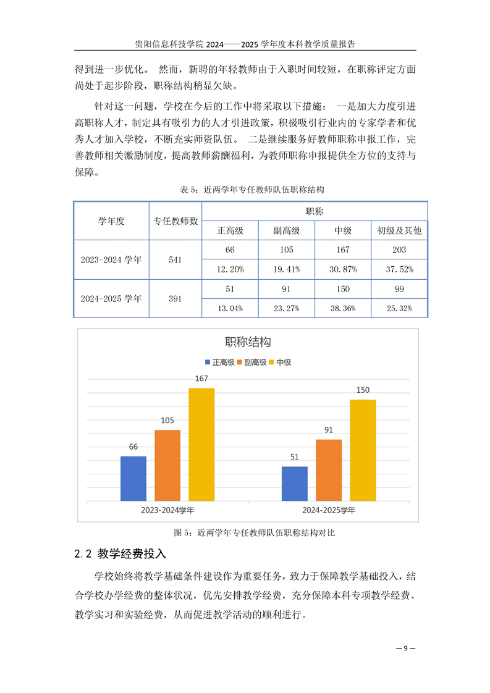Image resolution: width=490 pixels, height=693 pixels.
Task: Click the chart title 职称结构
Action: [x=248, y=342]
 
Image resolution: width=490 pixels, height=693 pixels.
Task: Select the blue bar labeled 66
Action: [x=133, y=478]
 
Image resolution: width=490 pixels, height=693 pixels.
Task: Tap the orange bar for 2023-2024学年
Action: [x=167, y=465]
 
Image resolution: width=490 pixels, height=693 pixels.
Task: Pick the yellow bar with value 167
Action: [x=201, y=444]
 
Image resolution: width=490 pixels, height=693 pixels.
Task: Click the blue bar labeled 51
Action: [x=295, y=483]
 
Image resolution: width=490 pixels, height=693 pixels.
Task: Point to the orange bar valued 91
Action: [x=329, y=469]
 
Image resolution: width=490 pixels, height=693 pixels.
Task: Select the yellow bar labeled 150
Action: [x=363, y=450]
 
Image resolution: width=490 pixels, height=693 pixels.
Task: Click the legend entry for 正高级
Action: [x=219, y=363]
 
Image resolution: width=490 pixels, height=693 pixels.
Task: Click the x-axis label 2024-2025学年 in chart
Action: [x=329, y=511]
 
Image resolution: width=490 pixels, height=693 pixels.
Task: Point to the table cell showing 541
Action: [x=175, y=260]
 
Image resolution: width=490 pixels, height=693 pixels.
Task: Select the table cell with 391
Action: [x=175, y=298]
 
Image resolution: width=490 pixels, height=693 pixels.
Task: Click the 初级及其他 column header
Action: [x=399, y=230]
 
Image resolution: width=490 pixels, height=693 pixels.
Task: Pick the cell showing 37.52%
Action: [x=399, y=269]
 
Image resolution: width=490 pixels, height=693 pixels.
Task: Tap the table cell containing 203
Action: [x=399, y=250]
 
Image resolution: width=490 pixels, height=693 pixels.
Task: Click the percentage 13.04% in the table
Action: [x=230, y=308]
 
